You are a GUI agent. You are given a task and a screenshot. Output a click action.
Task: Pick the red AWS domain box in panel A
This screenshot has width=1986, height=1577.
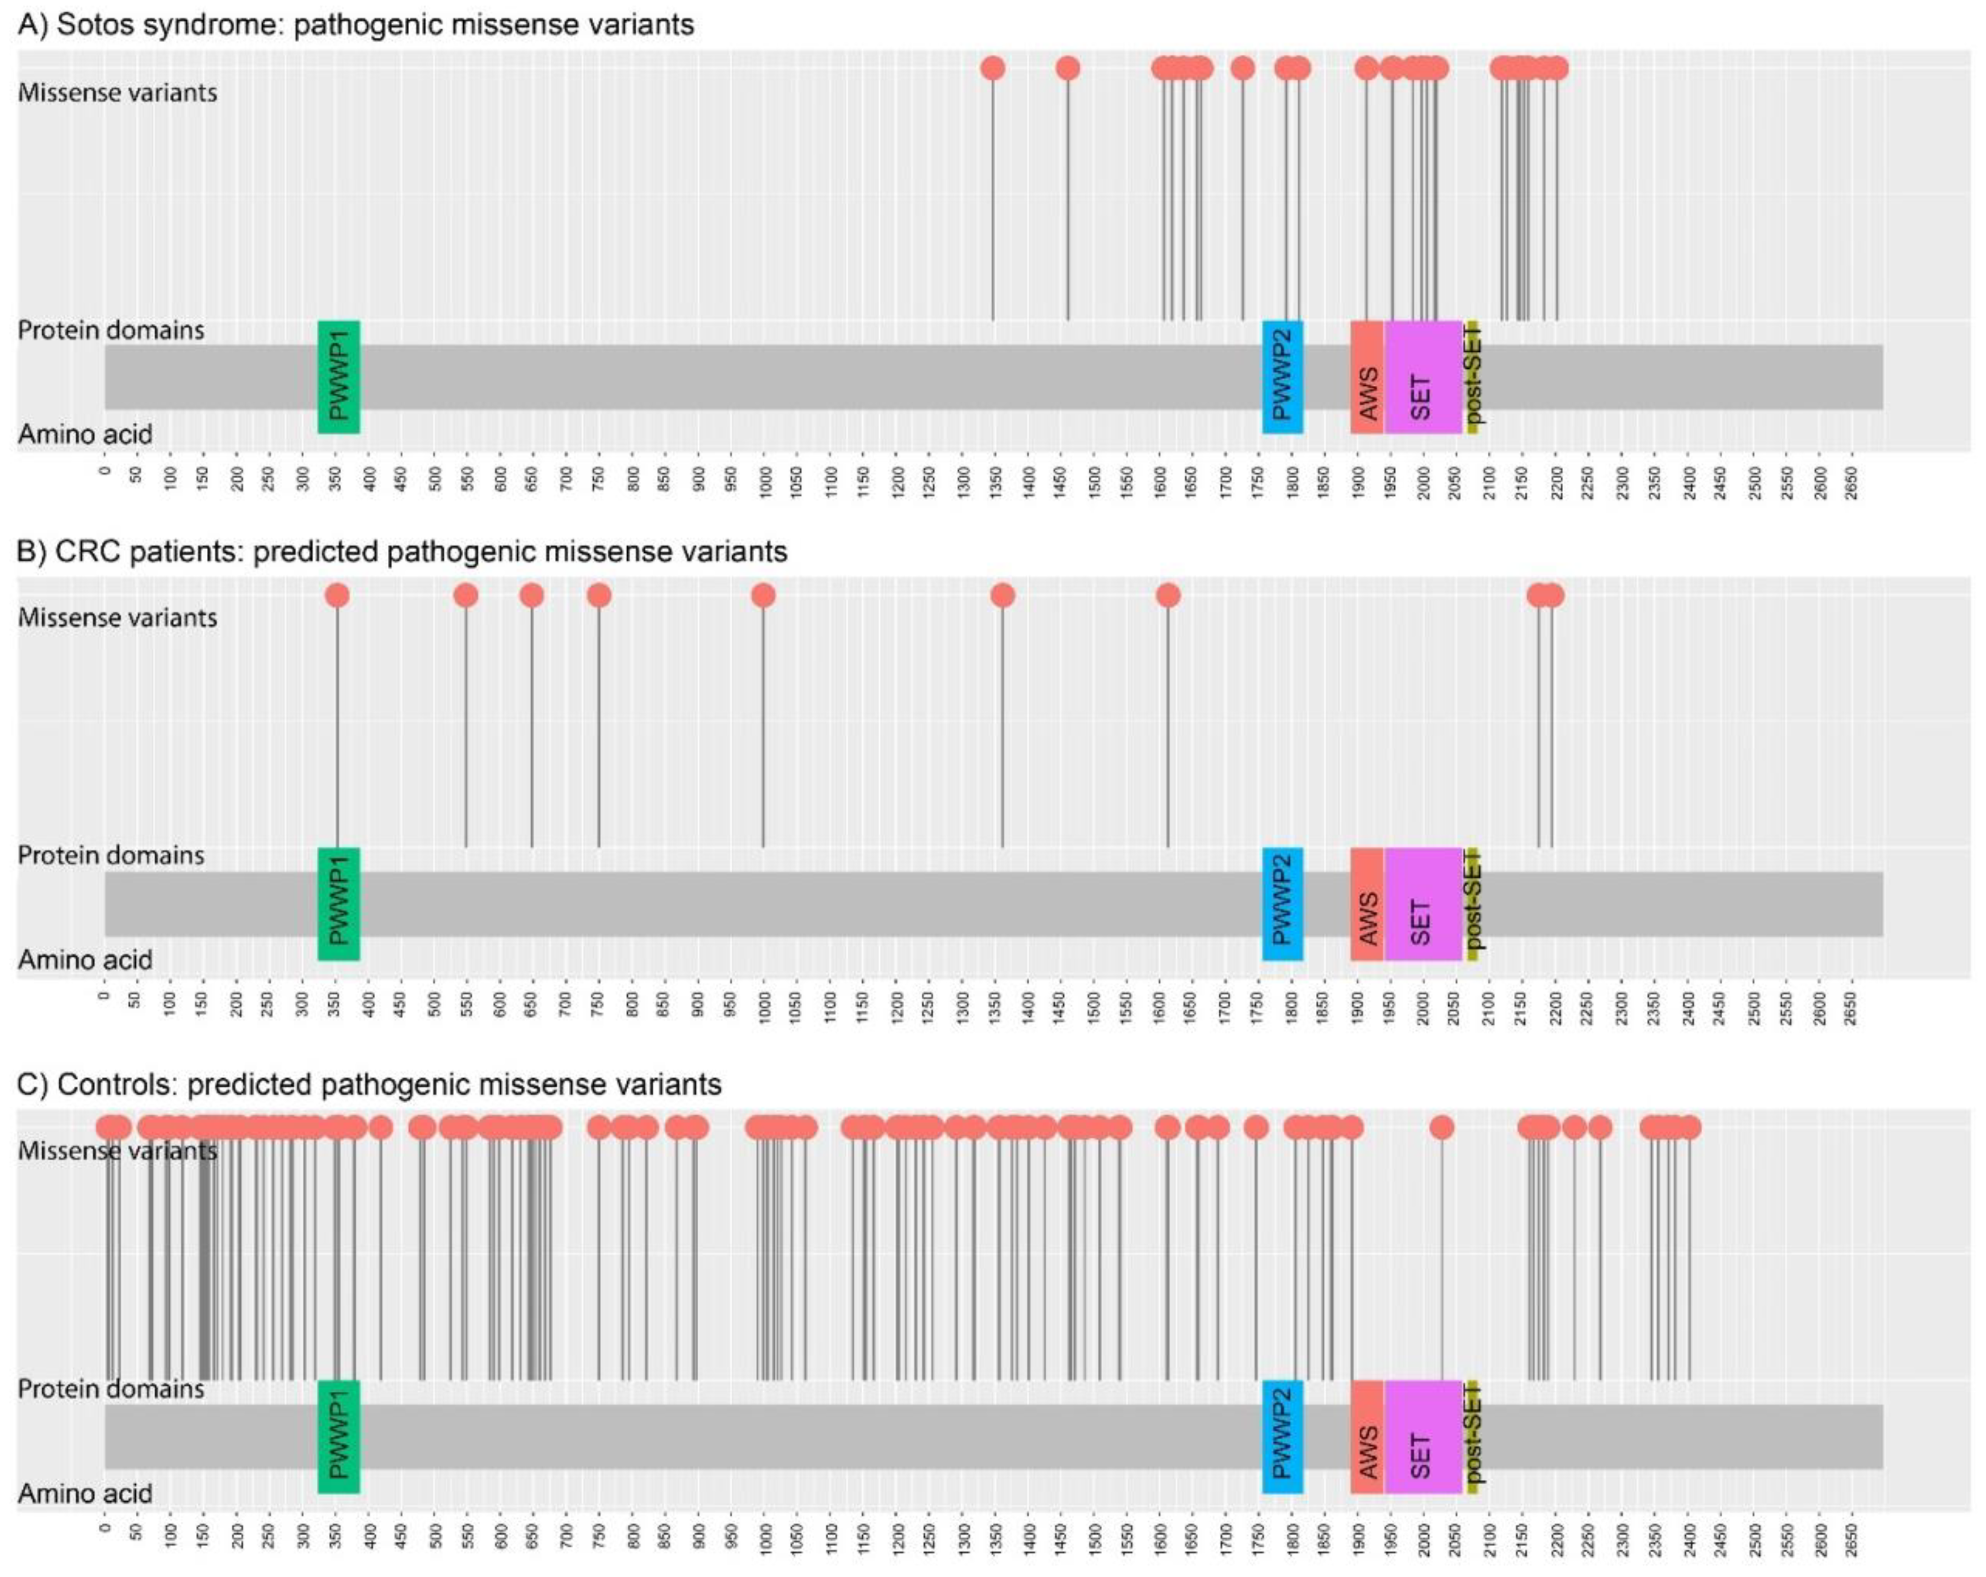pos(1367,377)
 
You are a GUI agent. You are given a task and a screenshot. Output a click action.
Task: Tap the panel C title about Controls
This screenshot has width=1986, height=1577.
pos(368,1084)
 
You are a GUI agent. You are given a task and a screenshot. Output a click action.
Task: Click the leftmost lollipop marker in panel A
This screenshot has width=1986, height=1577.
pos(992,68)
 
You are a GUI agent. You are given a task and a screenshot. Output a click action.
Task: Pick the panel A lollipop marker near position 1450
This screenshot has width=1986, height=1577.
pos(1068,68)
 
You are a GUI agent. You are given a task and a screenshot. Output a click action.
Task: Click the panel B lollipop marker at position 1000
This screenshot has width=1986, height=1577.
pos(762,595)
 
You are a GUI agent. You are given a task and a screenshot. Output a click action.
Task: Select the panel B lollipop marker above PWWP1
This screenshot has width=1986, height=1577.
pos(337,595)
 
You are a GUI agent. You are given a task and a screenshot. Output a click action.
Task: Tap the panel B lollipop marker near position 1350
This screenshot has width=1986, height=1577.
pos(1002,595)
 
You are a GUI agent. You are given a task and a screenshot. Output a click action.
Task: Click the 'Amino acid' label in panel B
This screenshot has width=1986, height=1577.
pos(85,960)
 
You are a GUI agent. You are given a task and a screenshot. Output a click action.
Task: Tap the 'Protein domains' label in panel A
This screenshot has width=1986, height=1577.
pos(110,330)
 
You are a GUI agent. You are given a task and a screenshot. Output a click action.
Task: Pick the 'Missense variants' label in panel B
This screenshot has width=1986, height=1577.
pos(117,617)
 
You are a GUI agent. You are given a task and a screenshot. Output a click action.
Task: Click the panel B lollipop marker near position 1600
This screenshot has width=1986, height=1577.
pos(1168,595)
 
